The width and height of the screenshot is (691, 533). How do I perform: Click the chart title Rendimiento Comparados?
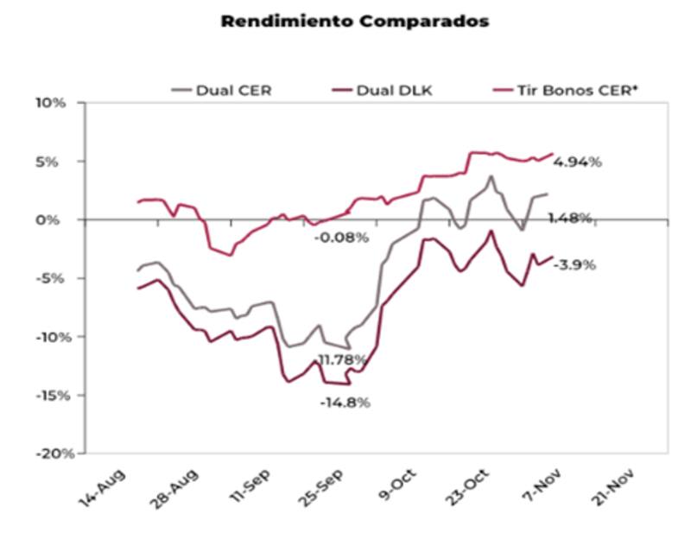coord(355,22)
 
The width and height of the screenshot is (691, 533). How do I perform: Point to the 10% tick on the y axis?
coord(51,103)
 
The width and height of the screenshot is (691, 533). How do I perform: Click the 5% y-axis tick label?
coord(54,162)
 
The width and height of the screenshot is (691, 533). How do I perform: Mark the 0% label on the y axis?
coord(54,219)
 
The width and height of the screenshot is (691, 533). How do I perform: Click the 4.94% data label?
coord(578,162)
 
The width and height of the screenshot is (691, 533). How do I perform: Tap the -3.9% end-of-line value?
coord(574,265)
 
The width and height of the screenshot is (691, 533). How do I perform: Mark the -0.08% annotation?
coord(341,237)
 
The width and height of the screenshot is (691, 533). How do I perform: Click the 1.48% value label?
coord(569,218)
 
